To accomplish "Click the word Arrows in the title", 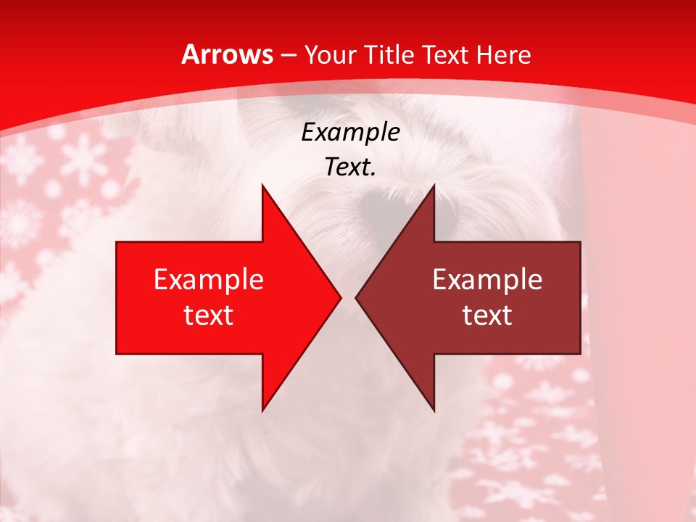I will pos(228,54).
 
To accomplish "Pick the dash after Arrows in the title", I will pos(288,56).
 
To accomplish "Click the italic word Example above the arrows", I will pos(350,133).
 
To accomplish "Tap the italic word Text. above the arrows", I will pos(350,167).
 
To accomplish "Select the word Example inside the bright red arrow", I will pos(209,280).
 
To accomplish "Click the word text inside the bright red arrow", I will pos(209,315).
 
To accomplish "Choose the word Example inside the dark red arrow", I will pos(487,280).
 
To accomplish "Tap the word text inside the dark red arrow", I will pos(487,315).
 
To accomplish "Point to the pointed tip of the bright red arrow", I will pos(339,297).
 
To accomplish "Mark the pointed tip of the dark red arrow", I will pos(357,297).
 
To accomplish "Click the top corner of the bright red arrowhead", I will pos(262,186).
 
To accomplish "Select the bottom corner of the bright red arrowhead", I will pos(262,410).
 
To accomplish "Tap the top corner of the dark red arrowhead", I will pos(434,186).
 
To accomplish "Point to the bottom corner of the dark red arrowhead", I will pos(434,410).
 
